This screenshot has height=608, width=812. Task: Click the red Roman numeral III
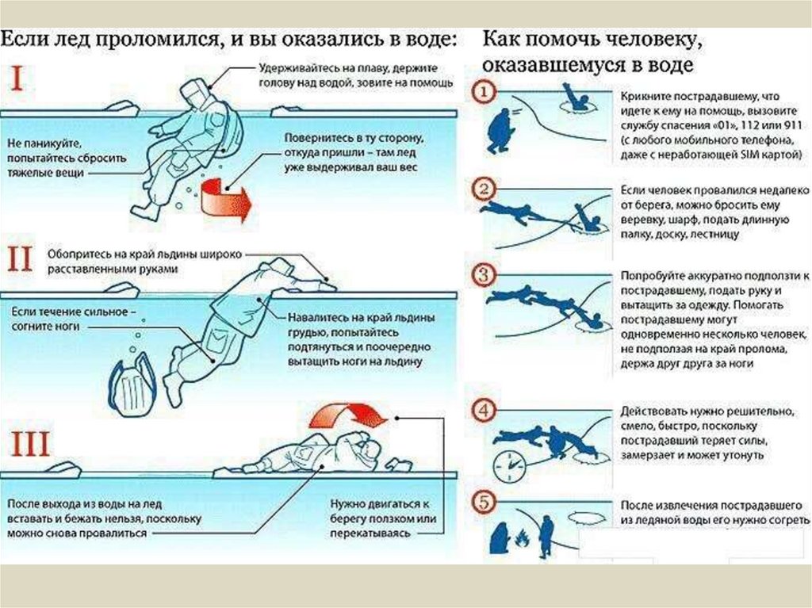(30, 444)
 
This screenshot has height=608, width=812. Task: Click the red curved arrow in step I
(224, 199)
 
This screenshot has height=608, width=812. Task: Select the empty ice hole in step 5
(588, 518)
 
